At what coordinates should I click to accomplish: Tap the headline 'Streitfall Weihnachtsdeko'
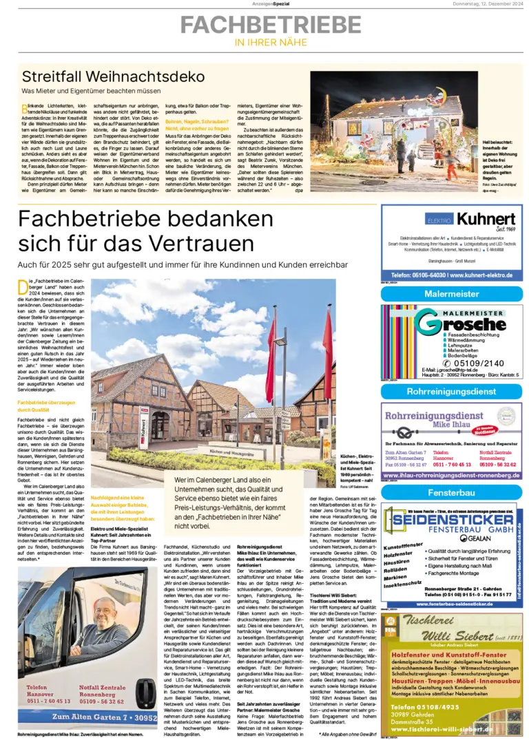tap(113, 76)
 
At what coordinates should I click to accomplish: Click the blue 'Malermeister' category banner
tap(451, 294)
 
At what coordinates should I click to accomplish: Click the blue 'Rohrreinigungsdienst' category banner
tap(451, 391)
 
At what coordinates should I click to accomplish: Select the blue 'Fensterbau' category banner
tap(451, 493)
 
